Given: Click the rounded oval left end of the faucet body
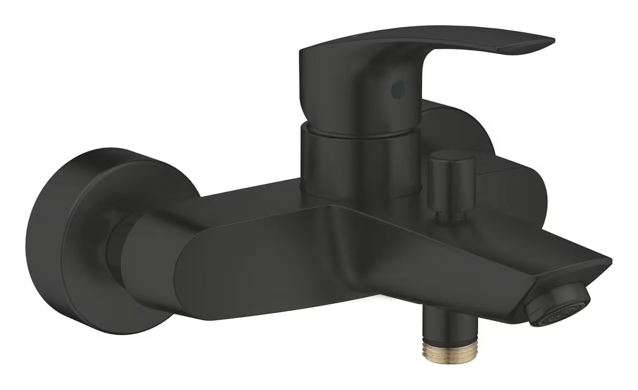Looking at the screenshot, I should click(x=159, y=261).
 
